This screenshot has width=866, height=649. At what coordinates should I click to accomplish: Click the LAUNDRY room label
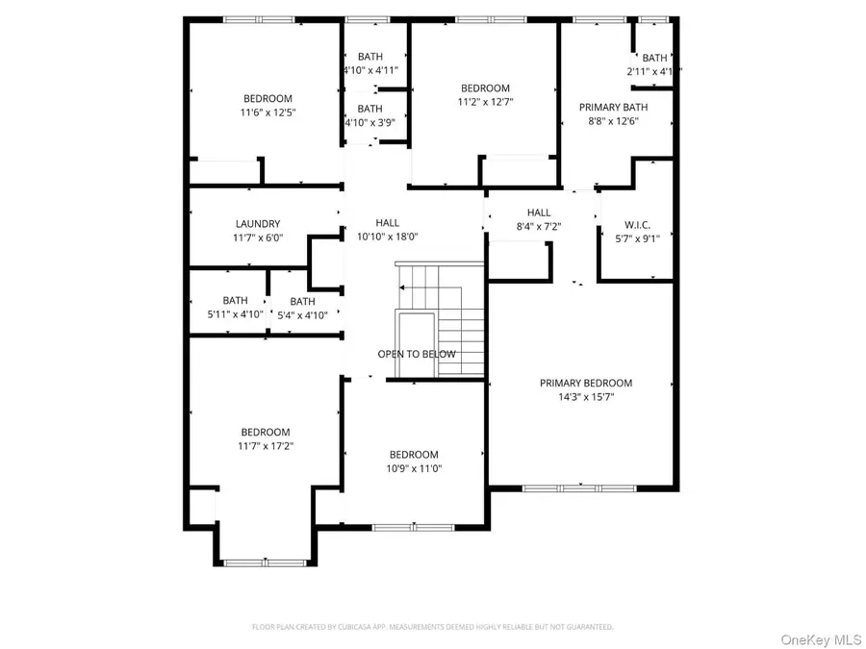click(257, 224)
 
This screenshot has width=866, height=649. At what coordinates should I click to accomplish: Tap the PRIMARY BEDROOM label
click(585, 383)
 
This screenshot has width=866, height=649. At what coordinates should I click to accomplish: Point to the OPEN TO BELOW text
click(416, 354)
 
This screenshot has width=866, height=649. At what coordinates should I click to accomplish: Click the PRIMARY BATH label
click(613, 108)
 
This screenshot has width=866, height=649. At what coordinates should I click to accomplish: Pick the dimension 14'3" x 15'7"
click(585, 396)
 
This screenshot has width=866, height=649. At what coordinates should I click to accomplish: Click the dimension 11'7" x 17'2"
click(266, 446)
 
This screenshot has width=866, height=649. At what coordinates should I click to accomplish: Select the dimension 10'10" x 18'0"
click(387, 237)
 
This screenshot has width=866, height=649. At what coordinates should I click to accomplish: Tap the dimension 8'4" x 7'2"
click(538, 227)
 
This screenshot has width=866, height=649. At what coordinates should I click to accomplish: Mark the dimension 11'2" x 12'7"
click(484, 102)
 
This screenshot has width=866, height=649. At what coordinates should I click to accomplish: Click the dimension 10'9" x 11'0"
click(414, 469)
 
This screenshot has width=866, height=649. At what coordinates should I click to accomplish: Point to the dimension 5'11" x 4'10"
click(235, 314)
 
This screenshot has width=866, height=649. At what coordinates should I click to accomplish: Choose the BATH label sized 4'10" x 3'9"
click(369, 109)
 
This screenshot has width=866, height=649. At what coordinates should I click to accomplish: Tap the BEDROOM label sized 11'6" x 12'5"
click(267, 98)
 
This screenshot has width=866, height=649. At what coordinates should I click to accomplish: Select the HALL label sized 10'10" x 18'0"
click(387, 222)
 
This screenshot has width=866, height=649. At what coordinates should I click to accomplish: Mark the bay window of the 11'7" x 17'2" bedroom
click(265, 562)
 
